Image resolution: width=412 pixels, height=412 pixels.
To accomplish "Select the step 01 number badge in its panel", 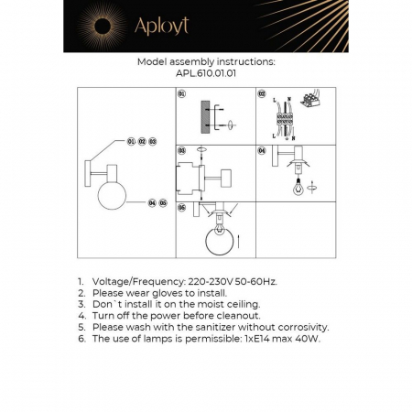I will click(x=182, y=93).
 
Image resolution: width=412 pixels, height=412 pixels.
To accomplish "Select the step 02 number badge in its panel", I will click(x=262, y=93).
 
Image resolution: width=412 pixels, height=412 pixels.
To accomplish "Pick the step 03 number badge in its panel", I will click(x=182, y=150).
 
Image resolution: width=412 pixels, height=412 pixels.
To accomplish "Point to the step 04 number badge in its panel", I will click(x=262, y=150).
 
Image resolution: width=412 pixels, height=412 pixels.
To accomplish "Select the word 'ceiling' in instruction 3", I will click(x=241, y=304).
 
